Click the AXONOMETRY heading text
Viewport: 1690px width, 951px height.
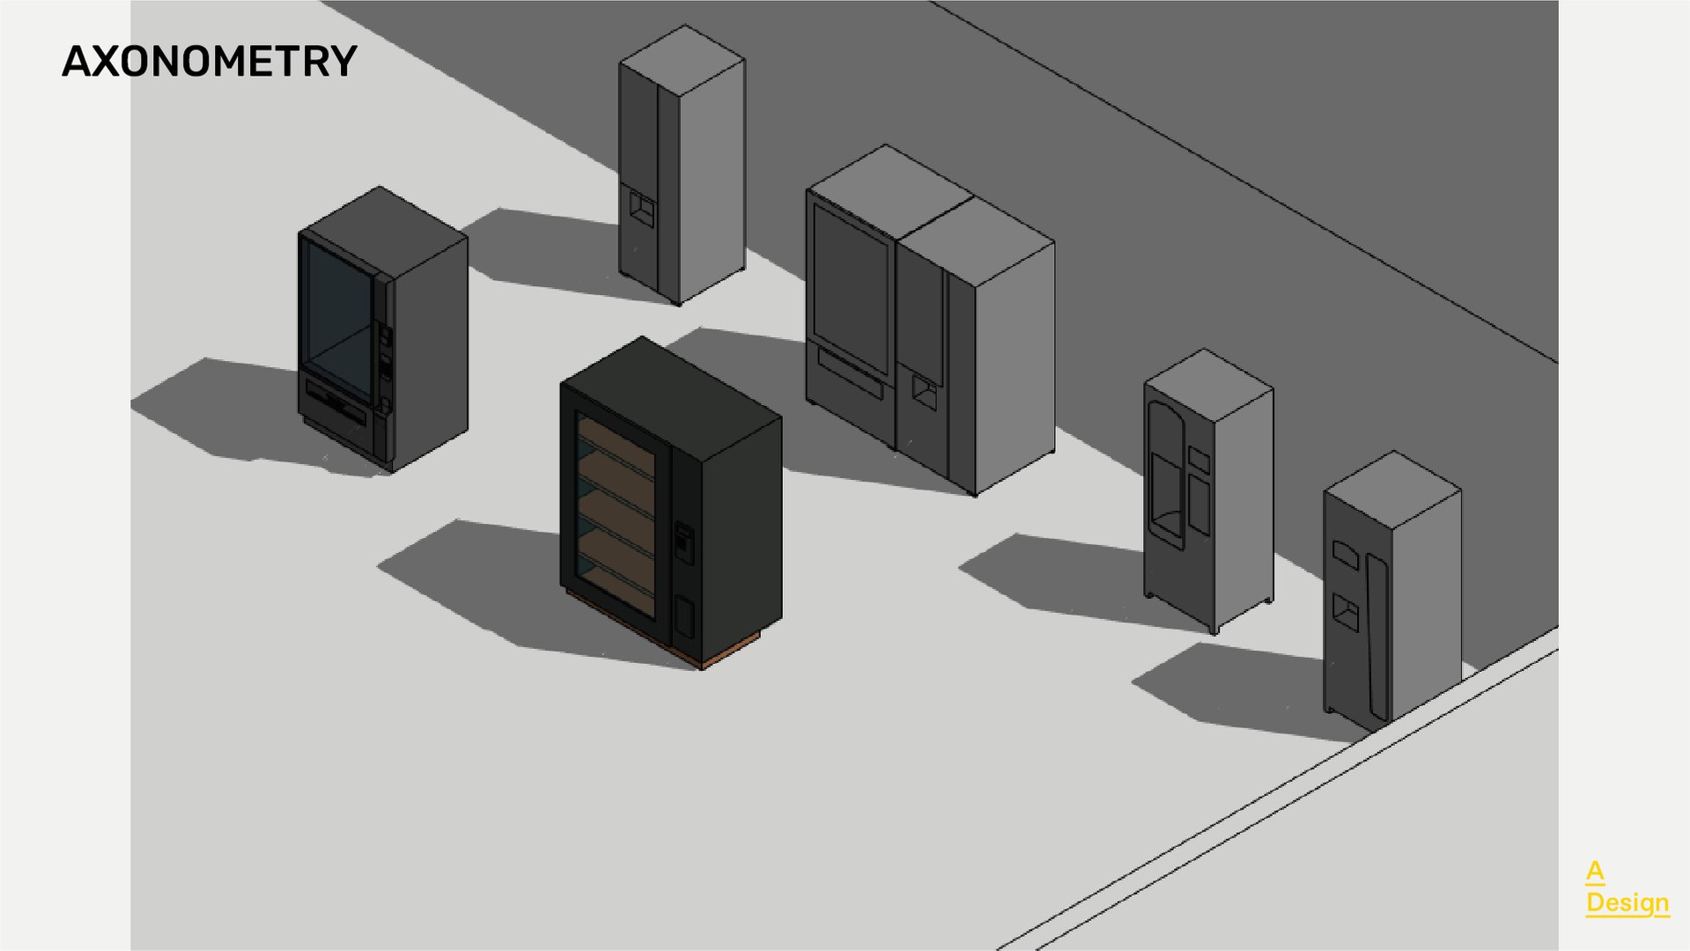pyautogui.click(x=209, y=62)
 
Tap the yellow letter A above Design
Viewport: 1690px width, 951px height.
pyautogui.click(x=1595, y=872)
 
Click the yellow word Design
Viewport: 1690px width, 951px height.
pyautogui.click(x=1627, y=903)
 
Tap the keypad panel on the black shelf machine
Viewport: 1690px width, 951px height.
pyautogui.click(x=683, y=542)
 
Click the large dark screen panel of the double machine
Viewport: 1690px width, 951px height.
pyautogui.click(x=851, y=286)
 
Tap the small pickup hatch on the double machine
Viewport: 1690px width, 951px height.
pyautogui.click(x=924, y=392)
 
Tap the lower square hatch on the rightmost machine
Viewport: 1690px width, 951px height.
pyautogui.click(x=1345, y=611)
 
